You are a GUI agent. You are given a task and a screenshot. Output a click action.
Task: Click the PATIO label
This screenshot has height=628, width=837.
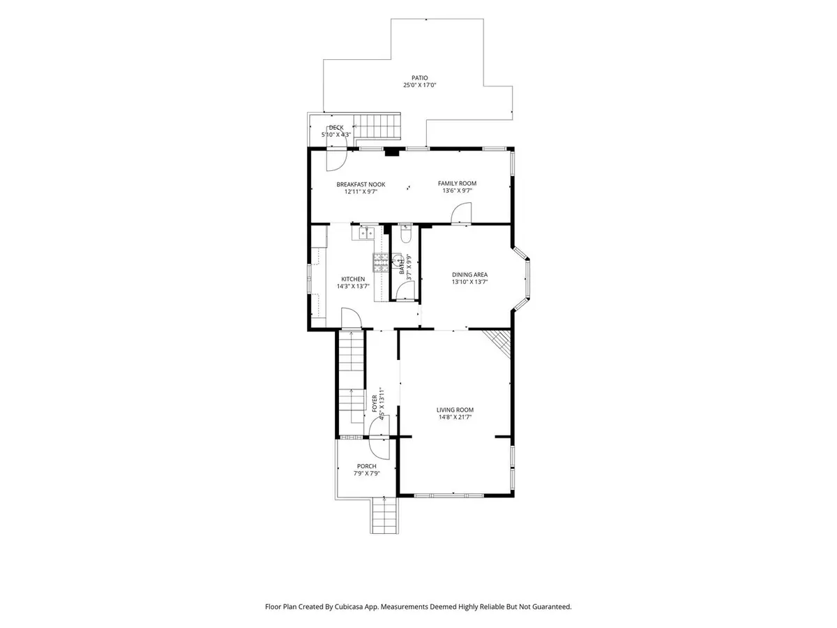pos(419,77)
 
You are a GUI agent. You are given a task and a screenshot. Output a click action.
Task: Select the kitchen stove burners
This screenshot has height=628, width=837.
pos(380,262)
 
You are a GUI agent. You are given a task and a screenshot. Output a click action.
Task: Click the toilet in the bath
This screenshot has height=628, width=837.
pos(406,233)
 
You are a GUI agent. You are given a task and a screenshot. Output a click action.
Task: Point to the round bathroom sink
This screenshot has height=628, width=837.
pos(398,261)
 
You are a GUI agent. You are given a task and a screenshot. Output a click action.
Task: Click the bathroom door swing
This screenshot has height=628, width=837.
pos(405,292)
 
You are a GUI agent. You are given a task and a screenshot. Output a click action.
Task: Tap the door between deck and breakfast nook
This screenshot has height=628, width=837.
pos(336,149)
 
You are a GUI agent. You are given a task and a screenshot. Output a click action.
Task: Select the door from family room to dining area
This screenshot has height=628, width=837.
pos(462,213)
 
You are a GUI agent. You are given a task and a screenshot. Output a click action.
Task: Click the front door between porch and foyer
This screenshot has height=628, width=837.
pos(380,437)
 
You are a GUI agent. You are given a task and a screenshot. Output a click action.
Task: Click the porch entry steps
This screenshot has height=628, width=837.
pos(384,515)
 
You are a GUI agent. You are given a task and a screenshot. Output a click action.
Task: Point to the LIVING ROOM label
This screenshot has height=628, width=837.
pos(455,410)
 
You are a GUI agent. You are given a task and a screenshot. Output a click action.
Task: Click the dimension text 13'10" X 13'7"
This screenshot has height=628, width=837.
pos(470,282)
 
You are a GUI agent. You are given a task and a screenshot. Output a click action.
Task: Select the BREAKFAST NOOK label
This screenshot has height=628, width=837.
pos(361,184)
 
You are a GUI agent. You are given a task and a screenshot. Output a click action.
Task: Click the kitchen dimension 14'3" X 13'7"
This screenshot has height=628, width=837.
pos(353,286)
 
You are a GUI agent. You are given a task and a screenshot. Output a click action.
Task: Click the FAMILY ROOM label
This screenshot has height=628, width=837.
pos(457,184)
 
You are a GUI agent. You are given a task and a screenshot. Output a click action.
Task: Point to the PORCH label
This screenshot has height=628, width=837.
pos(366,466)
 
